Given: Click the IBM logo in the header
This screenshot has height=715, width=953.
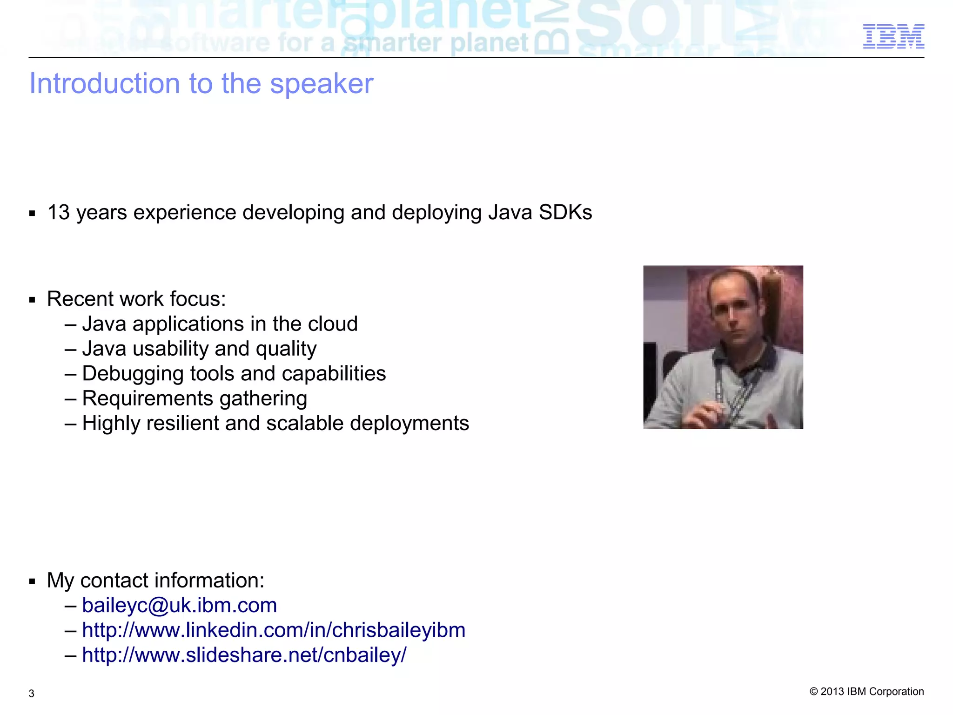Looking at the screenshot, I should pos(893,36).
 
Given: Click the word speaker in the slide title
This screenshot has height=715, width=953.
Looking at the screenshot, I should pos(322,84).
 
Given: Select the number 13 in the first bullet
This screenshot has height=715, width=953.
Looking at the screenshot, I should pos(59,213).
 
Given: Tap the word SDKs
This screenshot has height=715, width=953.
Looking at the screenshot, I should pos(565,213).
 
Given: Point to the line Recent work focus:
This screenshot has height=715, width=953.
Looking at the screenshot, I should pos(136,299).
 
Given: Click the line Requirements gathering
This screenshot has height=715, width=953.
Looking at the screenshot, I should pos(195,399).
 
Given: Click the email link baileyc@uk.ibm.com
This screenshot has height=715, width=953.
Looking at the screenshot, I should pos(179,606).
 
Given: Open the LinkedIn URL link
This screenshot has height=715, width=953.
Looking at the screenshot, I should pos(274,631).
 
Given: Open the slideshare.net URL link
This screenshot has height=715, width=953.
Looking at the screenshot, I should pos(244,655).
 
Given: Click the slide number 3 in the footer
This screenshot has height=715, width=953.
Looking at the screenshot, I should pos(31,694).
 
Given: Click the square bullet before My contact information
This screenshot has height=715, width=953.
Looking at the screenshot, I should pos(32,581).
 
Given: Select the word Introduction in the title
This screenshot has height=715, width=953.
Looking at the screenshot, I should pos(105,84).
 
